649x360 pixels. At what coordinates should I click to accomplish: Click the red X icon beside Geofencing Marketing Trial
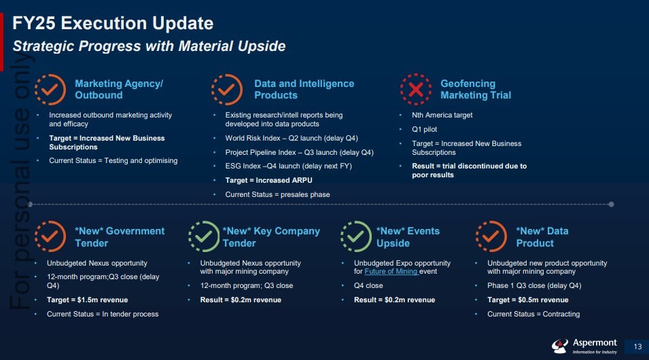point(415,90)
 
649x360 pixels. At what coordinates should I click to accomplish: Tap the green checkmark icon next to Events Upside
point(356,236)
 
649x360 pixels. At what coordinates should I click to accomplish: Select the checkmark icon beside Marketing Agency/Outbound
point(50,90)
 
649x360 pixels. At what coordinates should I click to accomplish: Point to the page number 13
point(637,347)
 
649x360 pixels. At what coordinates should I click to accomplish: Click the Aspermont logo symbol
point(559,346)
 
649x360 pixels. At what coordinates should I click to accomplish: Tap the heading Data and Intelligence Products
point(304,90)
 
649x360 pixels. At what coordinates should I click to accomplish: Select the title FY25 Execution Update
point(113,23)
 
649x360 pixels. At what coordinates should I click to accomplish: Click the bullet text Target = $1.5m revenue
point(88,300)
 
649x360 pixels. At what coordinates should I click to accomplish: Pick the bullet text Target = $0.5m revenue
point(528,300)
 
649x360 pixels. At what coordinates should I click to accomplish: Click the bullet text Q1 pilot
point(424,130)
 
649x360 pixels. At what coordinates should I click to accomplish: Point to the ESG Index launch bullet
point(289,166)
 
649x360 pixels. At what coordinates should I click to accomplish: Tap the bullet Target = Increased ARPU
point(268,181)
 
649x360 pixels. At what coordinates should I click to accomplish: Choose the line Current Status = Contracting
point(533,314)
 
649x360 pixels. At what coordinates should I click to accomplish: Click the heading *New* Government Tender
point(120,237)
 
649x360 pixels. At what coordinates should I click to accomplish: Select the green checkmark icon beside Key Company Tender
point(204,236)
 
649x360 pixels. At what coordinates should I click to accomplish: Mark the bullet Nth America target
point(442,115)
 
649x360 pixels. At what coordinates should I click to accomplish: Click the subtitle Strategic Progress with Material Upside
point(149,46)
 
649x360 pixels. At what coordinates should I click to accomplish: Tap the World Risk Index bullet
point(292,138)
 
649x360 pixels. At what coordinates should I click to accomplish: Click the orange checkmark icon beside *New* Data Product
point(491,236)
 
